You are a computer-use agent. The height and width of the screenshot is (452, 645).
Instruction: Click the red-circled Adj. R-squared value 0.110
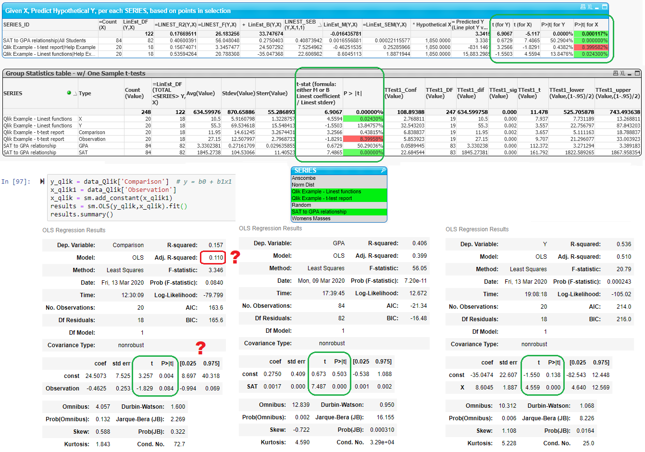point(216,258)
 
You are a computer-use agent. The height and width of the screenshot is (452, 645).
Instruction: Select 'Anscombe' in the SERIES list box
point(304,178)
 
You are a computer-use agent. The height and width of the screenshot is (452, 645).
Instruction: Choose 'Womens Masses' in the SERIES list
point(311,218)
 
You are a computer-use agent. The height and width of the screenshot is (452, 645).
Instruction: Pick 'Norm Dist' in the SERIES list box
point(303,185)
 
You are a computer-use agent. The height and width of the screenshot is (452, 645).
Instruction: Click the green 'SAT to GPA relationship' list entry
point(319,212)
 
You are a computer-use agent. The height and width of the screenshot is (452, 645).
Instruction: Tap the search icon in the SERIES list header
point(383,171)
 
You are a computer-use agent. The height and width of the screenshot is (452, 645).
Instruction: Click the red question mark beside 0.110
point(235,257)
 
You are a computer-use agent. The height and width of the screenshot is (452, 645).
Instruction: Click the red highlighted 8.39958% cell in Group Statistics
point(371,139)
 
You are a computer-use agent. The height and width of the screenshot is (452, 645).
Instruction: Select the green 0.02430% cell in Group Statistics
point(371,119)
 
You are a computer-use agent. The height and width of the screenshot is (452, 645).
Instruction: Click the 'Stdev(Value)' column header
point(238,93)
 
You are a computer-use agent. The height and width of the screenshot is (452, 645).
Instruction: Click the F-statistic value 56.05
point(419,268)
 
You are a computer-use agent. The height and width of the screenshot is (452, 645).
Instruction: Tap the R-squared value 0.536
point(624,244)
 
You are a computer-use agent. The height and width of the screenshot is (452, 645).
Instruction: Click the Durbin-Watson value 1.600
point(178,407)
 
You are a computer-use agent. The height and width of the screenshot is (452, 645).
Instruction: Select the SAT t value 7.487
point(318,387)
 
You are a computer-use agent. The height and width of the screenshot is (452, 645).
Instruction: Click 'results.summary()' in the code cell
point(82,214)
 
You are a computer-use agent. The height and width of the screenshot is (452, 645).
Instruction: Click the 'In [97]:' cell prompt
point(15,182)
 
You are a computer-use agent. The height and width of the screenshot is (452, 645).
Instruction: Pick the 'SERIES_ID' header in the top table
point(16,25)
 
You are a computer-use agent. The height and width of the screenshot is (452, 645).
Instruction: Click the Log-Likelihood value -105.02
point(621,294)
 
